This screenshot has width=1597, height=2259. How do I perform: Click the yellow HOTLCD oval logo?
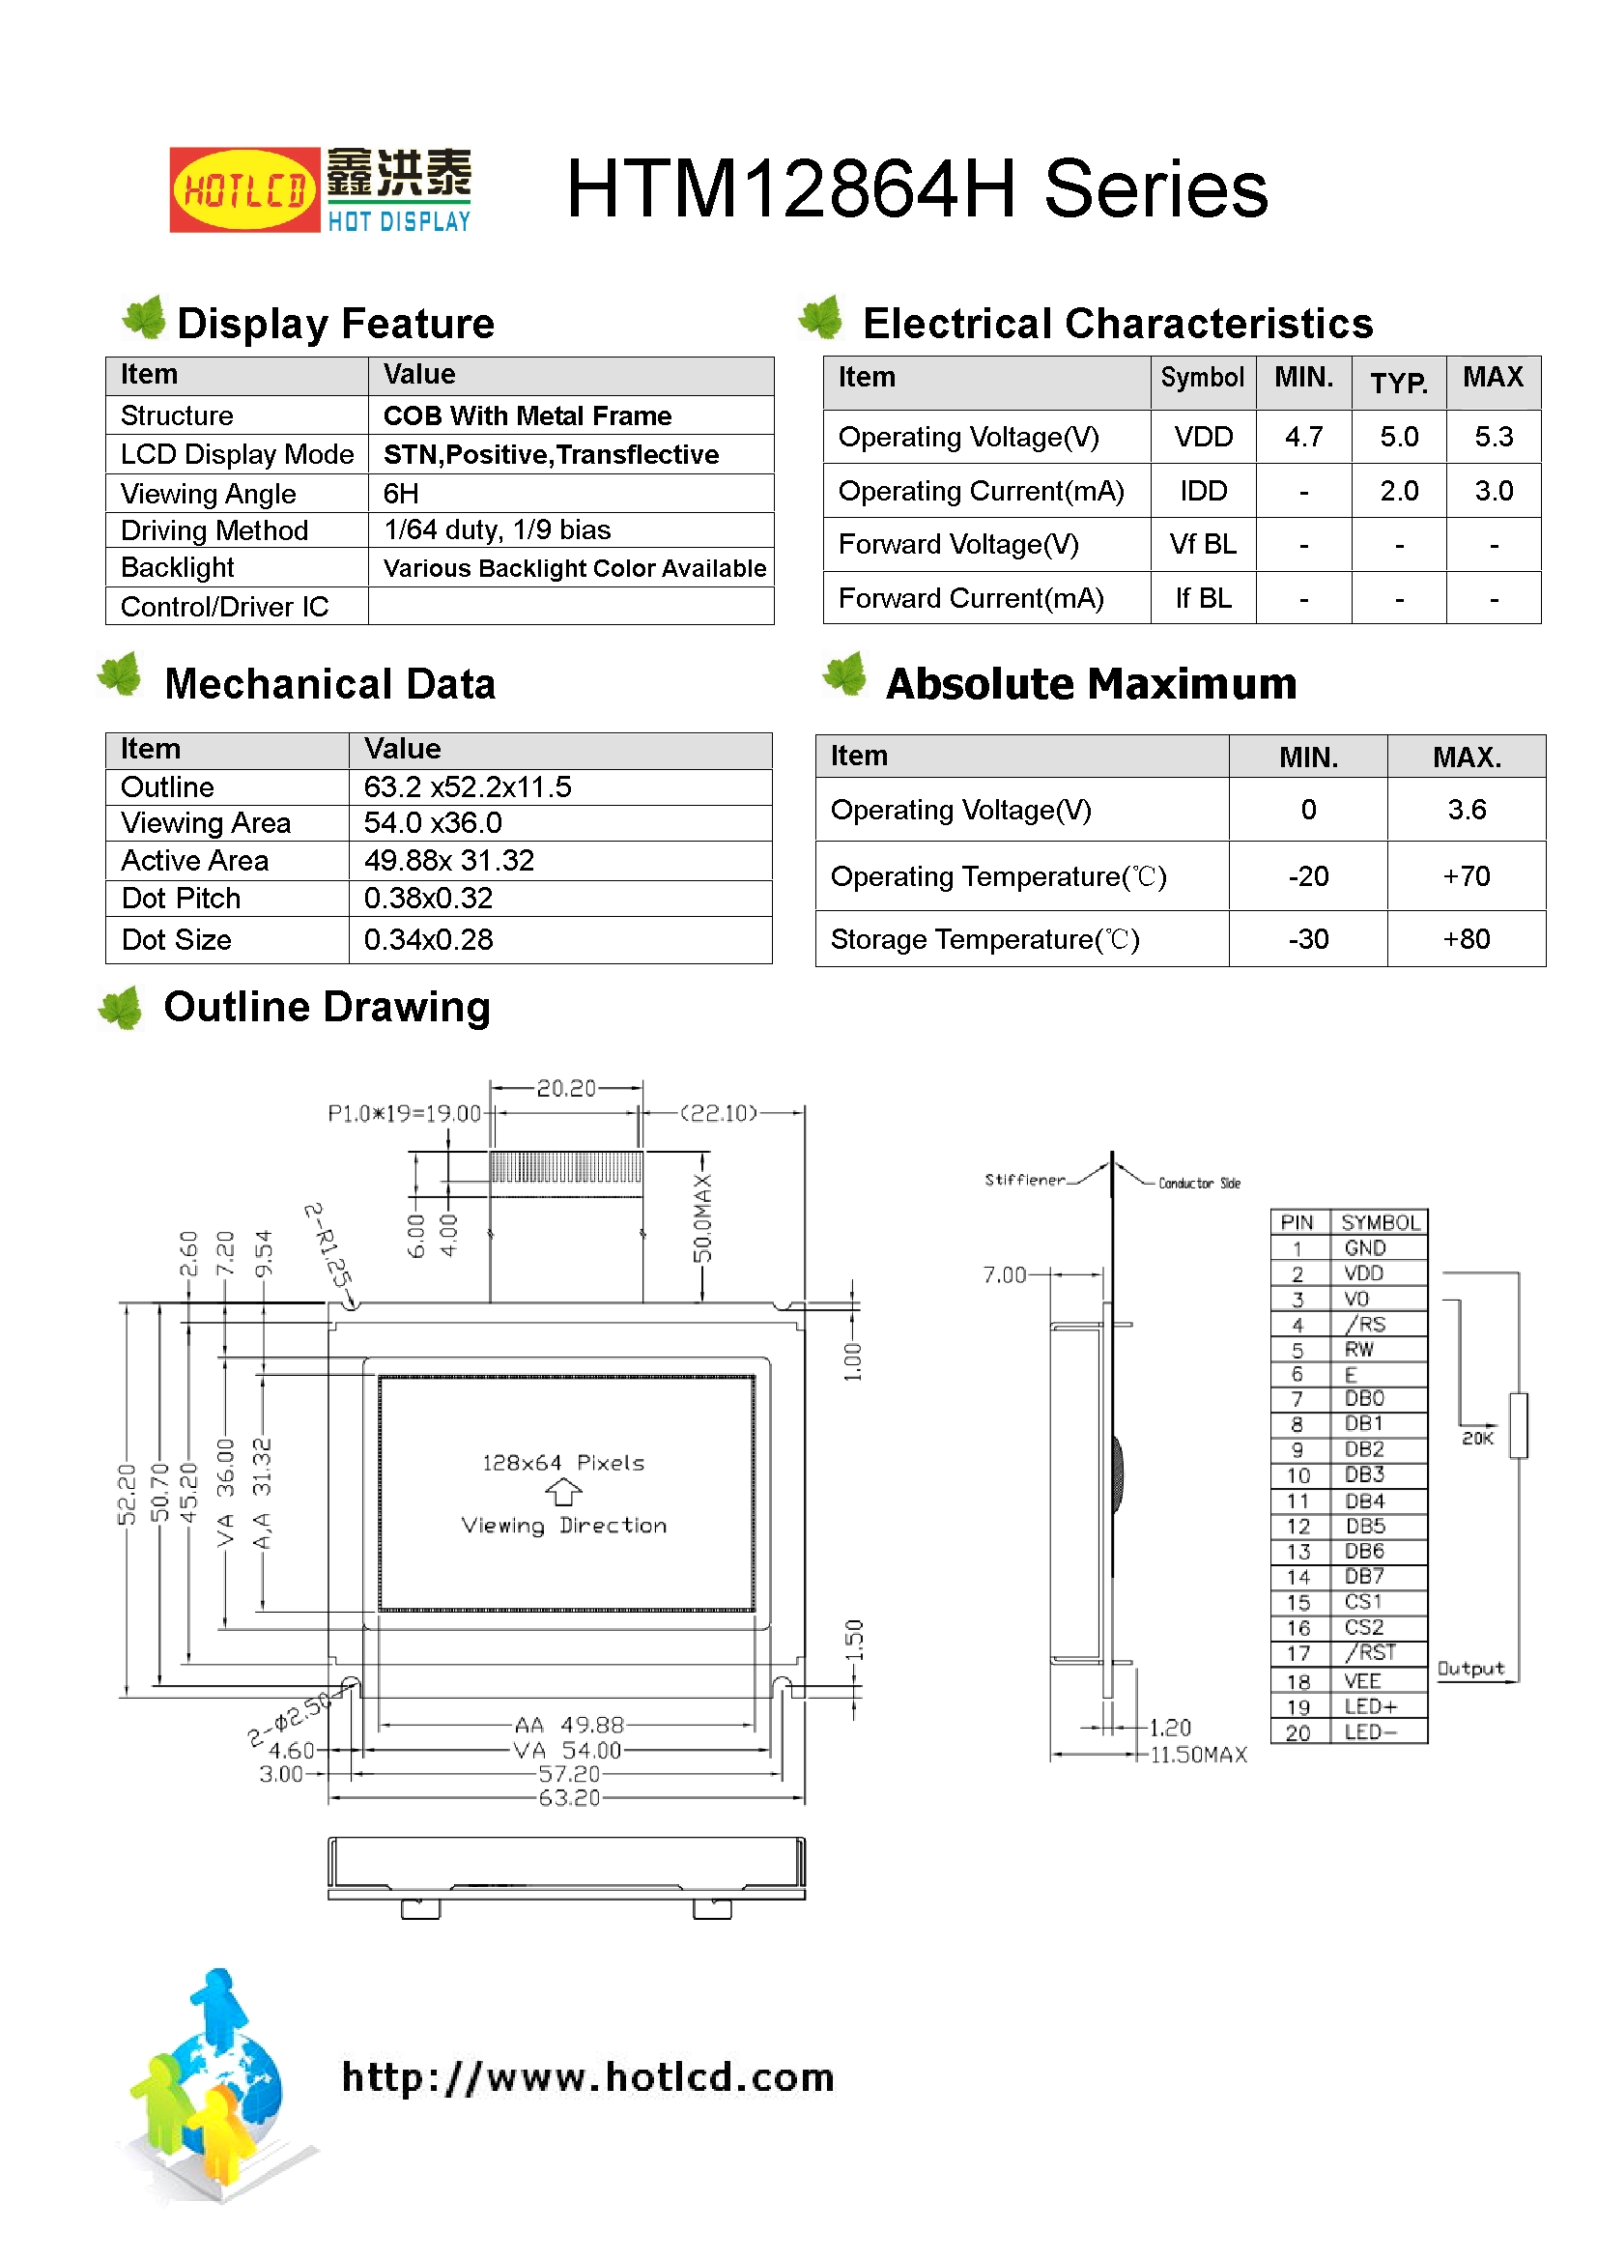244,189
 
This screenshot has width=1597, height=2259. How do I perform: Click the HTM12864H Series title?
916,189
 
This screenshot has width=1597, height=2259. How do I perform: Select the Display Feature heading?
334,324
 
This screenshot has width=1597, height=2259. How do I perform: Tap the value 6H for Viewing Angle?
401,493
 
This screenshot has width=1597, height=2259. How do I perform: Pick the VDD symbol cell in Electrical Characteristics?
1203,437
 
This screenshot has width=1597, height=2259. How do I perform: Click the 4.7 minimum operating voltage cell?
1302,437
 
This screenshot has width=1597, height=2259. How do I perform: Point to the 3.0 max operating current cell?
1493,491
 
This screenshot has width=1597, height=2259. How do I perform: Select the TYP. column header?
1398,382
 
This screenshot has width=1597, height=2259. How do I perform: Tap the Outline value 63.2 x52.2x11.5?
468,787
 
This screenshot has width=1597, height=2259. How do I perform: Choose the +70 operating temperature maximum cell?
1466,875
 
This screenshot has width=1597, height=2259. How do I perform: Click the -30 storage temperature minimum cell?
1308,938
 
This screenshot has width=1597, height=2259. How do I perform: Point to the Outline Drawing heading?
327,1007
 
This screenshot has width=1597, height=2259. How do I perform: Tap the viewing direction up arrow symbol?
563,1493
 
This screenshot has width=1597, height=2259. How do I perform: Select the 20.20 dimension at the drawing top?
566,1088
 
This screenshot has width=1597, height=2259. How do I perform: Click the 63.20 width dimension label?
569,1797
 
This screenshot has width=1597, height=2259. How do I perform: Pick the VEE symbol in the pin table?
1362,1681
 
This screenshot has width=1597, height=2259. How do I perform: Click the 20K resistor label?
1477,1439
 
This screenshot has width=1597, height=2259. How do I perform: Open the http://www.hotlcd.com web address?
587,2076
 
